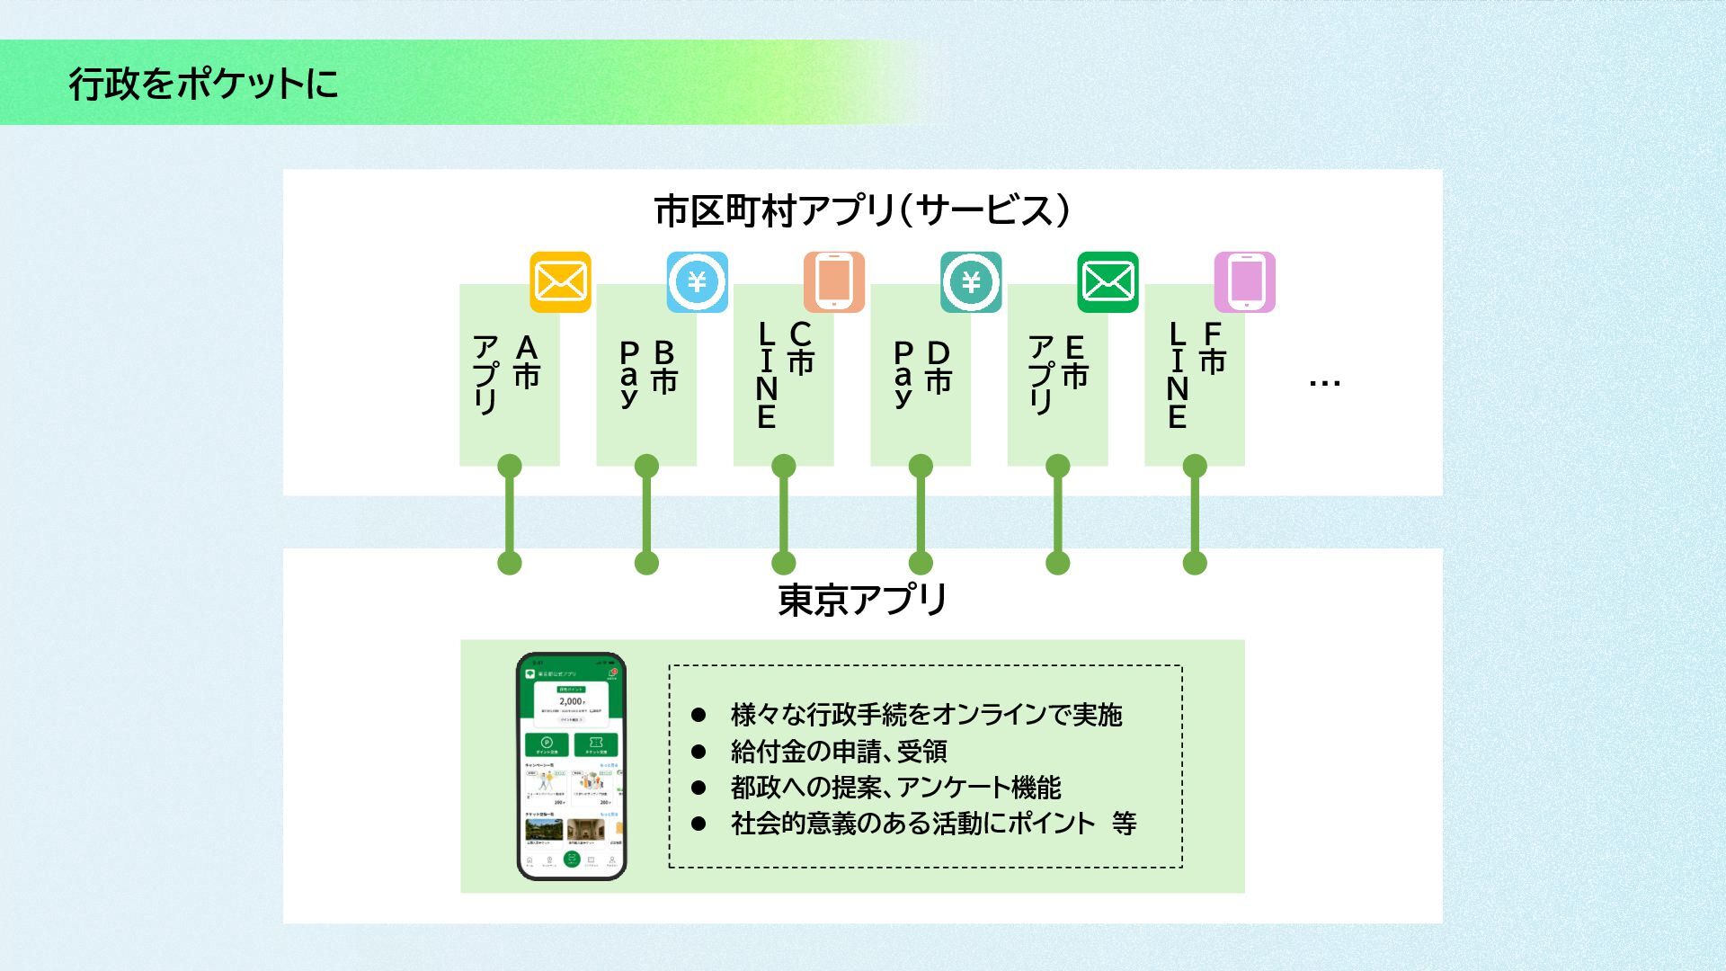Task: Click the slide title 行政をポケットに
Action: pos(203,84)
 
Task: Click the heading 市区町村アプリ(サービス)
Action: pos(861,210)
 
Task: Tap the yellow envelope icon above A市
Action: pos(560,282)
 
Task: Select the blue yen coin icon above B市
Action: pos(697,282)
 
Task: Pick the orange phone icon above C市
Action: pos(833,282)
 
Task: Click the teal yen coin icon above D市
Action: pos(971,282)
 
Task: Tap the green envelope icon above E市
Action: pos(1108,282)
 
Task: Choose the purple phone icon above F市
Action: pos(1244,282)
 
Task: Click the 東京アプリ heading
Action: pos(861,600)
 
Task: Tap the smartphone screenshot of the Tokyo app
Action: pos(571,766)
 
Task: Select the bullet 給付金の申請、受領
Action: pos(838,751)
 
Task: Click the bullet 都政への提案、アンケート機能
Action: pos(895,788)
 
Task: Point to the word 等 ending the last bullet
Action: pos(1124,824)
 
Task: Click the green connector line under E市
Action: pos(1058,514)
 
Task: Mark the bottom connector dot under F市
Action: pos(1195,564)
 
